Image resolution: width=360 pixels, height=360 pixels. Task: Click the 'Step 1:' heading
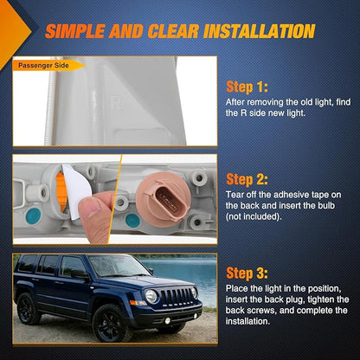[247, 87]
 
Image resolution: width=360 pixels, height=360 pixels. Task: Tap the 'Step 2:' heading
[247, 179]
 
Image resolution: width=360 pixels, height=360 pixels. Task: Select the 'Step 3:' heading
[247, 273]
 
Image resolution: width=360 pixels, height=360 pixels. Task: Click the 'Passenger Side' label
[43, 66]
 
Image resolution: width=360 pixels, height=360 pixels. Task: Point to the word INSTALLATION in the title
[259, 31]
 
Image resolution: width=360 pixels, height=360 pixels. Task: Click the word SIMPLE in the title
[75, 31]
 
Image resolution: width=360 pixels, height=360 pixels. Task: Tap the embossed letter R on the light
[116, 103]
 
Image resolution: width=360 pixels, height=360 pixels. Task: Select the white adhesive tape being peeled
[75, 190]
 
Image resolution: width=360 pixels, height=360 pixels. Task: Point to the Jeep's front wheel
[110, 324]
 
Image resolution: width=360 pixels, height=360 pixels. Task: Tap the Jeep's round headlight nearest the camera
[151, 296]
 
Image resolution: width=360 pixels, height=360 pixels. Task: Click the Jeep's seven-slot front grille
[177, 296]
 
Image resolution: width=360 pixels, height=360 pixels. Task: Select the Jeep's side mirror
[79, 274]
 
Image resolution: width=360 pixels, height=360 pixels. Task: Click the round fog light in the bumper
[167, 321]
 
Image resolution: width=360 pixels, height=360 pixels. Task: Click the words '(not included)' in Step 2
[254, 217]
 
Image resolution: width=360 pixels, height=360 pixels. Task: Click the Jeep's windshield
[118, 266]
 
